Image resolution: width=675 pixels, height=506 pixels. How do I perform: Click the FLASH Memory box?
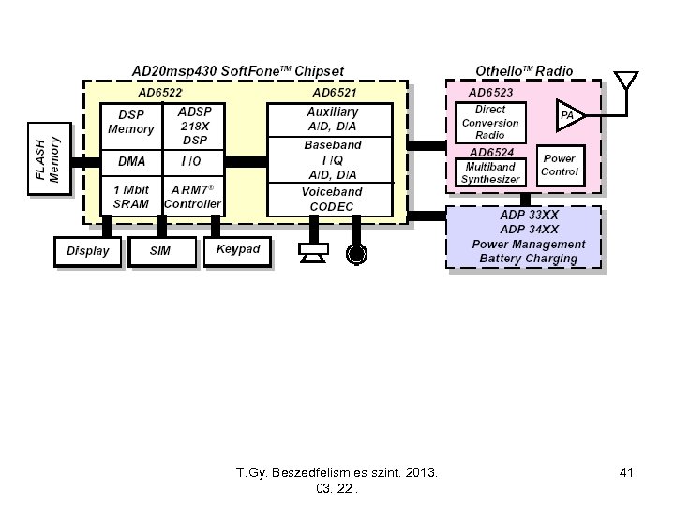coord(48,159)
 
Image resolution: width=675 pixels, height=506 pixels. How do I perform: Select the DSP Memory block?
coord(130,123)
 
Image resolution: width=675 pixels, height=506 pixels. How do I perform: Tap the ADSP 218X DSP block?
coord(194,124)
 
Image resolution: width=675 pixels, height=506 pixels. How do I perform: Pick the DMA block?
coord(130,161)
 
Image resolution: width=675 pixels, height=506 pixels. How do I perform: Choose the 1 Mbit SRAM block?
coord(130,197)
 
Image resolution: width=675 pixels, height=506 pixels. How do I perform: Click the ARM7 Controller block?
coord(193,197)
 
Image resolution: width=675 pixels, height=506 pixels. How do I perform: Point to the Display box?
coord(88,251)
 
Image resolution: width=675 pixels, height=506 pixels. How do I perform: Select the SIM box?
coord(161,251)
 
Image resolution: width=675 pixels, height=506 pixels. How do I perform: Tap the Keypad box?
coord(237,250)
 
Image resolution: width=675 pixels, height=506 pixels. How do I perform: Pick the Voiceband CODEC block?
coord(332,199)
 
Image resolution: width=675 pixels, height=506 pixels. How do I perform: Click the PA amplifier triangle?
coord(568,115)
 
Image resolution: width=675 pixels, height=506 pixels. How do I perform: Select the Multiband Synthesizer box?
coord(489,172)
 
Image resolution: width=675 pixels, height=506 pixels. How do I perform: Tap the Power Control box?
coord(560,166)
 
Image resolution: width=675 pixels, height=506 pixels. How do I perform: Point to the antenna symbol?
coord(624,82)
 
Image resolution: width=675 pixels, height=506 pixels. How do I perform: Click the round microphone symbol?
coord(356,253)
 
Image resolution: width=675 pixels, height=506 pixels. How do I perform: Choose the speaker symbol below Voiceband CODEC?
coord(311,252)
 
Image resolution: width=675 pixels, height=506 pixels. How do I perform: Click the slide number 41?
coord(626,474)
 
